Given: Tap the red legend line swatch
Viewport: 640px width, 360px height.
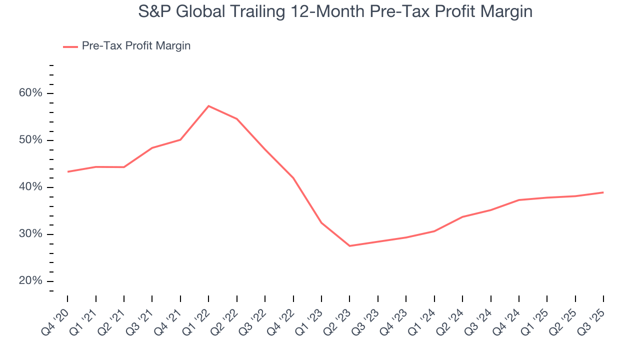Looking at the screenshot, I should tap(70, 46).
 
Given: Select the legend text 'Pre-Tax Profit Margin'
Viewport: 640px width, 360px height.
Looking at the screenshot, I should tap(136, 46).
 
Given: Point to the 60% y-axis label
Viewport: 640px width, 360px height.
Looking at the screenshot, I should tap(31, 93).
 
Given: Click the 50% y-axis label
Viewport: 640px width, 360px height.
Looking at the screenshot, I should tap(31, 140).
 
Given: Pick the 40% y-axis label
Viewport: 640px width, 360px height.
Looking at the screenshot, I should tap(31, 187).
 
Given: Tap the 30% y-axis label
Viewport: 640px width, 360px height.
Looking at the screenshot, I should tap(31, 234).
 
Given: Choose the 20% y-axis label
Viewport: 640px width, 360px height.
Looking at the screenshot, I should tap(31, 281).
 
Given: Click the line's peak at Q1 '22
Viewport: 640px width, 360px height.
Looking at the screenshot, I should tap(208, 106).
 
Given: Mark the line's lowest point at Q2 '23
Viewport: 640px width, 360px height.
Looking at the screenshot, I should tap(349, 246).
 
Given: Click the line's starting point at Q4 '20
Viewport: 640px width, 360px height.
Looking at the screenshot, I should tap(67, 171).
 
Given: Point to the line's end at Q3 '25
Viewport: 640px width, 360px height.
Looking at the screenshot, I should tap(603, 192).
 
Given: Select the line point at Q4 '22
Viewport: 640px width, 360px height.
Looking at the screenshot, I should tap(293, 178).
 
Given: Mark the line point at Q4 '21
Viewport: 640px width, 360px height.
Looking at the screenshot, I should tap(180, 139).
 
